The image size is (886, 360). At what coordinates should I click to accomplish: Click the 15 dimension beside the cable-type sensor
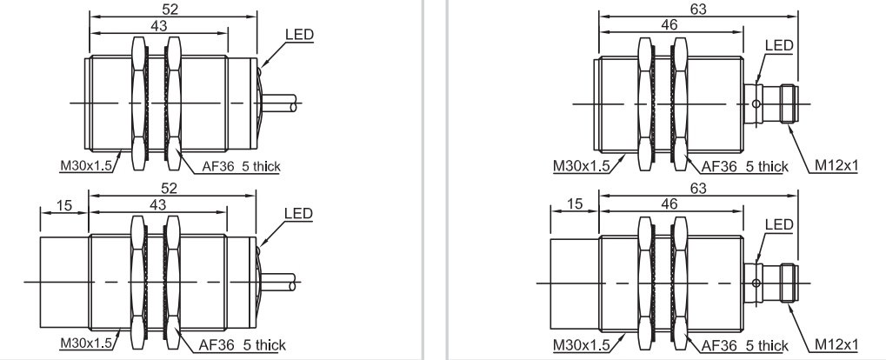(x=64, y=205)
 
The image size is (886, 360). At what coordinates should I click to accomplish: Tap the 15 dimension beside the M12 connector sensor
(x=575, y=203)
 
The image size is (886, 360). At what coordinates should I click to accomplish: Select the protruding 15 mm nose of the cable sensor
(x=64, y=282)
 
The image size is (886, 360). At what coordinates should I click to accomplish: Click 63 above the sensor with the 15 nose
(x=698, y=188)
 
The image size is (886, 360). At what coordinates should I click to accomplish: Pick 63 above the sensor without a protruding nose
(x=698, y=9)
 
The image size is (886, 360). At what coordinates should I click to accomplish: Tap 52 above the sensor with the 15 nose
(x=170, y=188)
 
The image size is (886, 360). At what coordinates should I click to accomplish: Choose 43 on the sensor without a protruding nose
(x=159, y=26)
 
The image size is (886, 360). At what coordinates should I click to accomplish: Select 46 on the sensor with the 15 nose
(x=669, y=204)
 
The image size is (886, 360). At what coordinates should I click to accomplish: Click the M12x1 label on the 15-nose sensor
(x=836, y=344)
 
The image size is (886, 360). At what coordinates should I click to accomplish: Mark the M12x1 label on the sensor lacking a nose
(x=836, y=165)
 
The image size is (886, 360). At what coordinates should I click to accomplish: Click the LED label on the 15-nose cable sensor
(x=298, y=213)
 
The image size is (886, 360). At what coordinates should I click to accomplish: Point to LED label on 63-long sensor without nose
(x=779, y=45)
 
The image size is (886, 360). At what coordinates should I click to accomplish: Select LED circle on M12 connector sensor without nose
(x=756, y=103)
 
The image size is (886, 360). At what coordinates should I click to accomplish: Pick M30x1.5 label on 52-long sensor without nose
(x=88, y=165)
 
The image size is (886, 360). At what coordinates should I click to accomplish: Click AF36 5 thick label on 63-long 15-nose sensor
(x=745, y=344)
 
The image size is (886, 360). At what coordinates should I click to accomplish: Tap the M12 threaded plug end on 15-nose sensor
(x=789, y=283)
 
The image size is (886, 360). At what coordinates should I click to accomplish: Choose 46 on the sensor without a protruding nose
(x=669, y=25)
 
